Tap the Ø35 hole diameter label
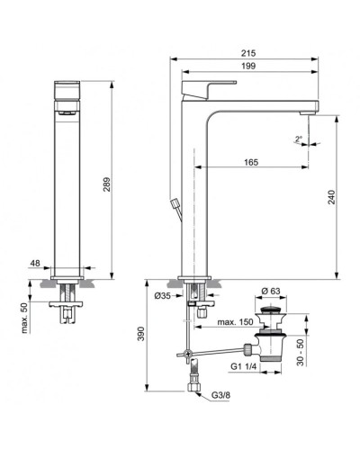click(162, 296)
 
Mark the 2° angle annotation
click(298, 139)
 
